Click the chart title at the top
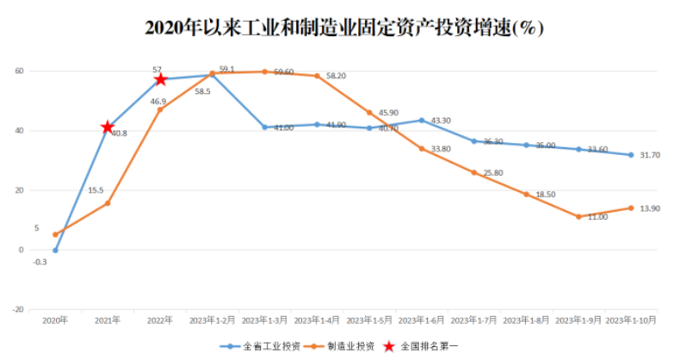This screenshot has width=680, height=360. (x=343, y=28)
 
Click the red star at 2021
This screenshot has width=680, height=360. (x=108, y=127)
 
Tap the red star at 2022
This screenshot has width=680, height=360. (x=160, y=79)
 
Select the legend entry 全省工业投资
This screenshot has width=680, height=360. (x=263, y=345)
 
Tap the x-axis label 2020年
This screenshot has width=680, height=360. (x=55, y=320)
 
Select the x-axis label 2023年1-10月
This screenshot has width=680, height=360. (x=631, y=320)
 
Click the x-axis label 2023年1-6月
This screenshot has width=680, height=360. (x=421, y=320)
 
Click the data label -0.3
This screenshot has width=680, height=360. (x=40, y=262)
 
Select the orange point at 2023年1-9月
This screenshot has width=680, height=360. (x=578, y=216)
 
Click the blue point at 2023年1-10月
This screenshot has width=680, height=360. (x=631, y=155)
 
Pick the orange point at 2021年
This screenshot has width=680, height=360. (x=108, y=203)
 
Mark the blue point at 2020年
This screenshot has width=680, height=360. (x=55, y=251)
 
